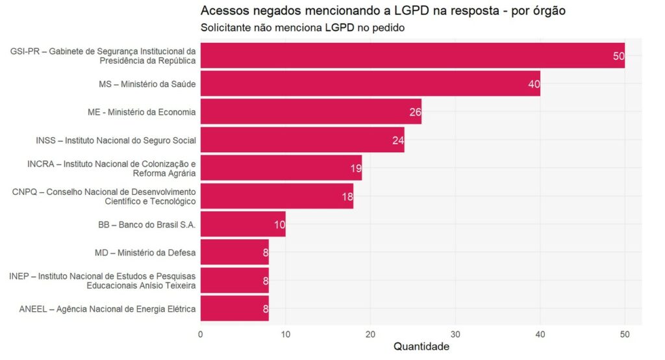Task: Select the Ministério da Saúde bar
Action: pos(370,84)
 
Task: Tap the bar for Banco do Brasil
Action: pos(243,224)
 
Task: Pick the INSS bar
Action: pos(302,140)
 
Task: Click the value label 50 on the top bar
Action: pos(618,56)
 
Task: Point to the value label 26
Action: pos(415,112)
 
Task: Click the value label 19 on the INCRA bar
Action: pos(355,168)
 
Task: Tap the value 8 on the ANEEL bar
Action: pos(265,309)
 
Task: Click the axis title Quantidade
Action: pos(421,347)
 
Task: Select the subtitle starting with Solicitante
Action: pos(303,28)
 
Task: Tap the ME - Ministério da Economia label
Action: pos(142,112)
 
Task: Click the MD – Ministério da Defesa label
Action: pos(145,252)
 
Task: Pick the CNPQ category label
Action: pos(104,196)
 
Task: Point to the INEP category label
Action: pos(103,281)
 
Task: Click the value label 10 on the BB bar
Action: pos(279,224)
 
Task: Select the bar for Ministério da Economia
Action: pos(310,112)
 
